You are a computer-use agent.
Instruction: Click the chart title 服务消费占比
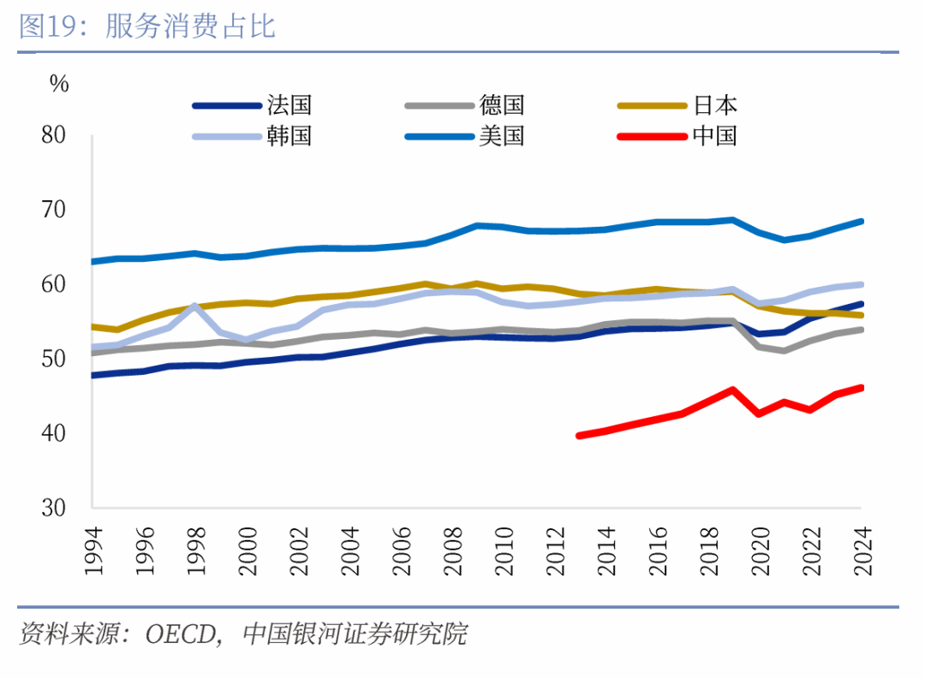190,27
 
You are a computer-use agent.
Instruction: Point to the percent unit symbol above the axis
58,83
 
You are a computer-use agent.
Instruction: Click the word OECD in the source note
182,635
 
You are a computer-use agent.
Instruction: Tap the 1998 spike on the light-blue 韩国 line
194,306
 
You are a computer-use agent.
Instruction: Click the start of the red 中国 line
580,436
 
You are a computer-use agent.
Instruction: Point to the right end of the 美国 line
860,222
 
